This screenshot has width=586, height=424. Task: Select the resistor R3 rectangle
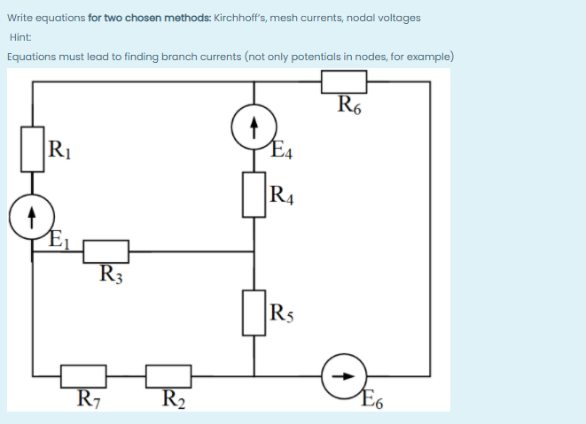click(106, 251)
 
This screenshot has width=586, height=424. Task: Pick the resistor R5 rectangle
click(254, 312)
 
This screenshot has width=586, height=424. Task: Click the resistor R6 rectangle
click(344, 81)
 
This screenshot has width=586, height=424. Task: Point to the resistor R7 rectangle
click(84, 375)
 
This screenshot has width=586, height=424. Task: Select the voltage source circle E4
click(254, 130)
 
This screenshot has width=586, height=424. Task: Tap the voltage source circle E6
click(344, 375)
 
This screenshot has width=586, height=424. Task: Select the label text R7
click(89, 398)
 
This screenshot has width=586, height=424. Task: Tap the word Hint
click(20, 37)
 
